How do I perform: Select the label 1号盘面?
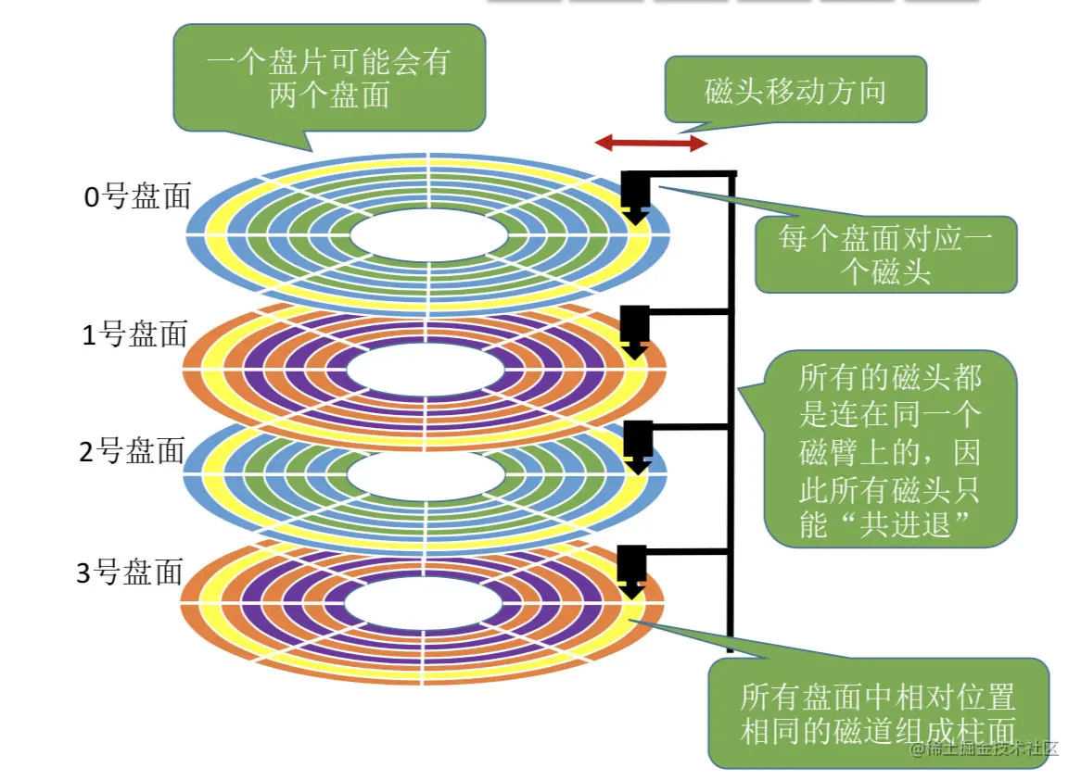click(x=135, y=334)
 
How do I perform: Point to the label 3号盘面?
click(x=130, y=572)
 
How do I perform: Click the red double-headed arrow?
click(x=651, y=143)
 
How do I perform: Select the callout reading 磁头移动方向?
click(x=795, y=91)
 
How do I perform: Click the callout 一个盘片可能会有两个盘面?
click(x=329, y=80)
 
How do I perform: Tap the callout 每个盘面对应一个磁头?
click(x=885, y=255)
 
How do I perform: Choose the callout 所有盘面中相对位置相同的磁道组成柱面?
click(x=877, y=713)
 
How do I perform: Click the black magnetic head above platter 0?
click(x=635, y=195)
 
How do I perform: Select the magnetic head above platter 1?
click(x=634, y=329)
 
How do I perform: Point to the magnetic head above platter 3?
click(x=632, y=568)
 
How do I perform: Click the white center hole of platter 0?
click(x=428, y=235)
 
